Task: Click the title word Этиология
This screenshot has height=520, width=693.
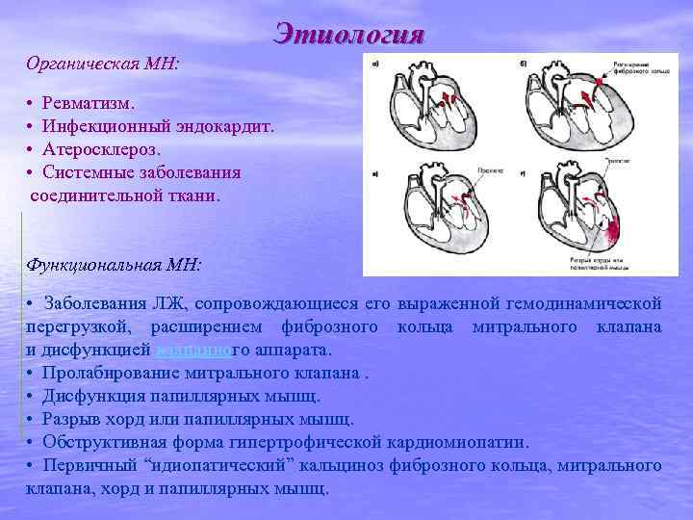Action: coord(348,35)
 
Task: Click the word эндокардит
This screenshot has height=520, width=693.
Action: coord(228,125)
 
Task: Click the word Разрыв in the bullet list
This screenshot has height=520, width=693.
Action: coord(72,419)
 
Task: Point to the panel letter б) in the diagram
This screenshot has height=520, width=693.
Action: coord(523,65)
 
